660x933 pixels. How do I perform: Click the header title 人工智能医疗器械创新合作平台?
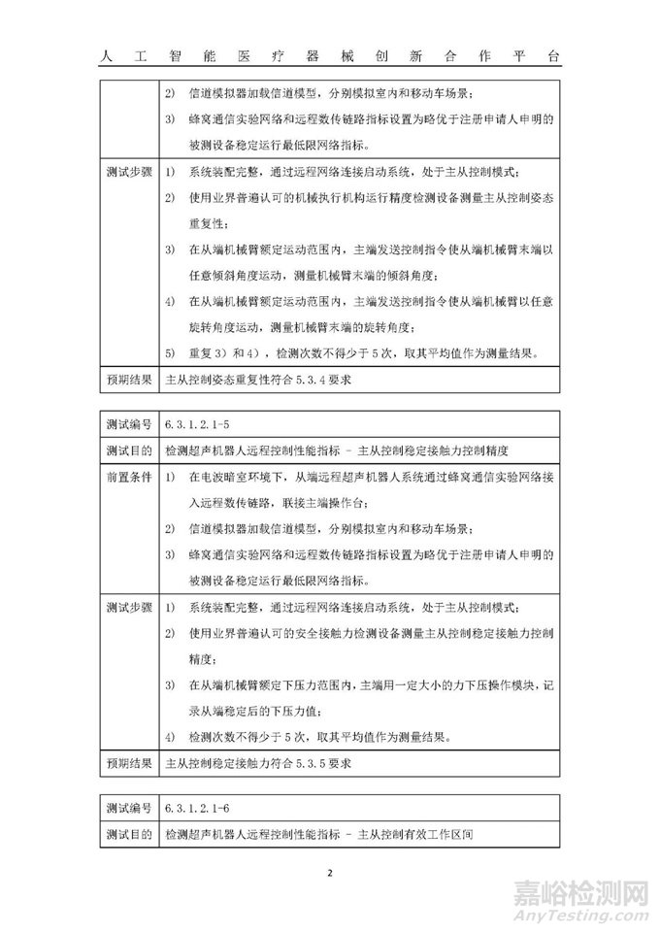pos(330,57)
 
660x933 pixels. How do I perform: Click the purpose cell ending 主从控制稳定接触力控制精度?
pos(337,450)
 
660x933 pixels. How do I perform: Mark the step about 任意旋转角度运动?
pos(359,314)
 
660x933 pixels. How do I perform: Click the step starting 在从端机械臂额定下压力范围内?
pos(359,697)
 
